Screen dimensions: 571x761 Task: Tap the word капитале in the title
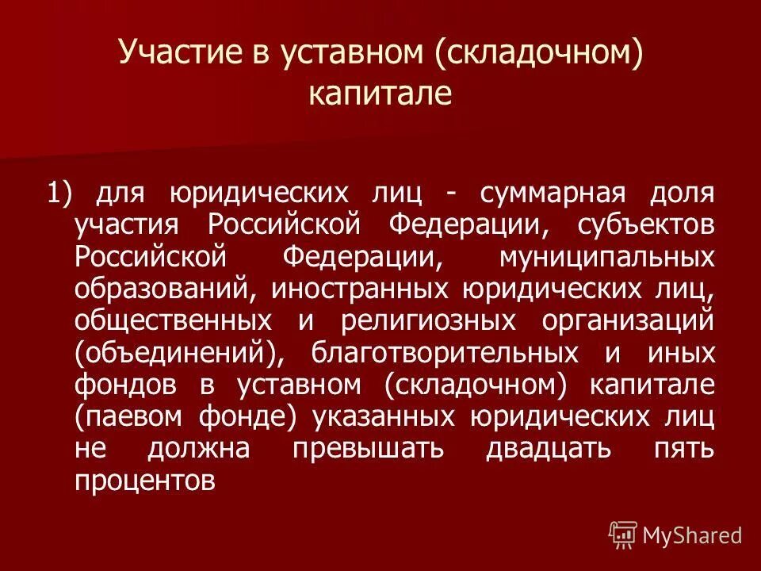[x=380, y=93]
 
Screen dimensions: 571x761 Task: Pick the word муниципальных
[x=606, y=257]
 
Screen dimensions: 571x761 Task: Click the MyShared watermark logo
[x=675, y=534]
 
